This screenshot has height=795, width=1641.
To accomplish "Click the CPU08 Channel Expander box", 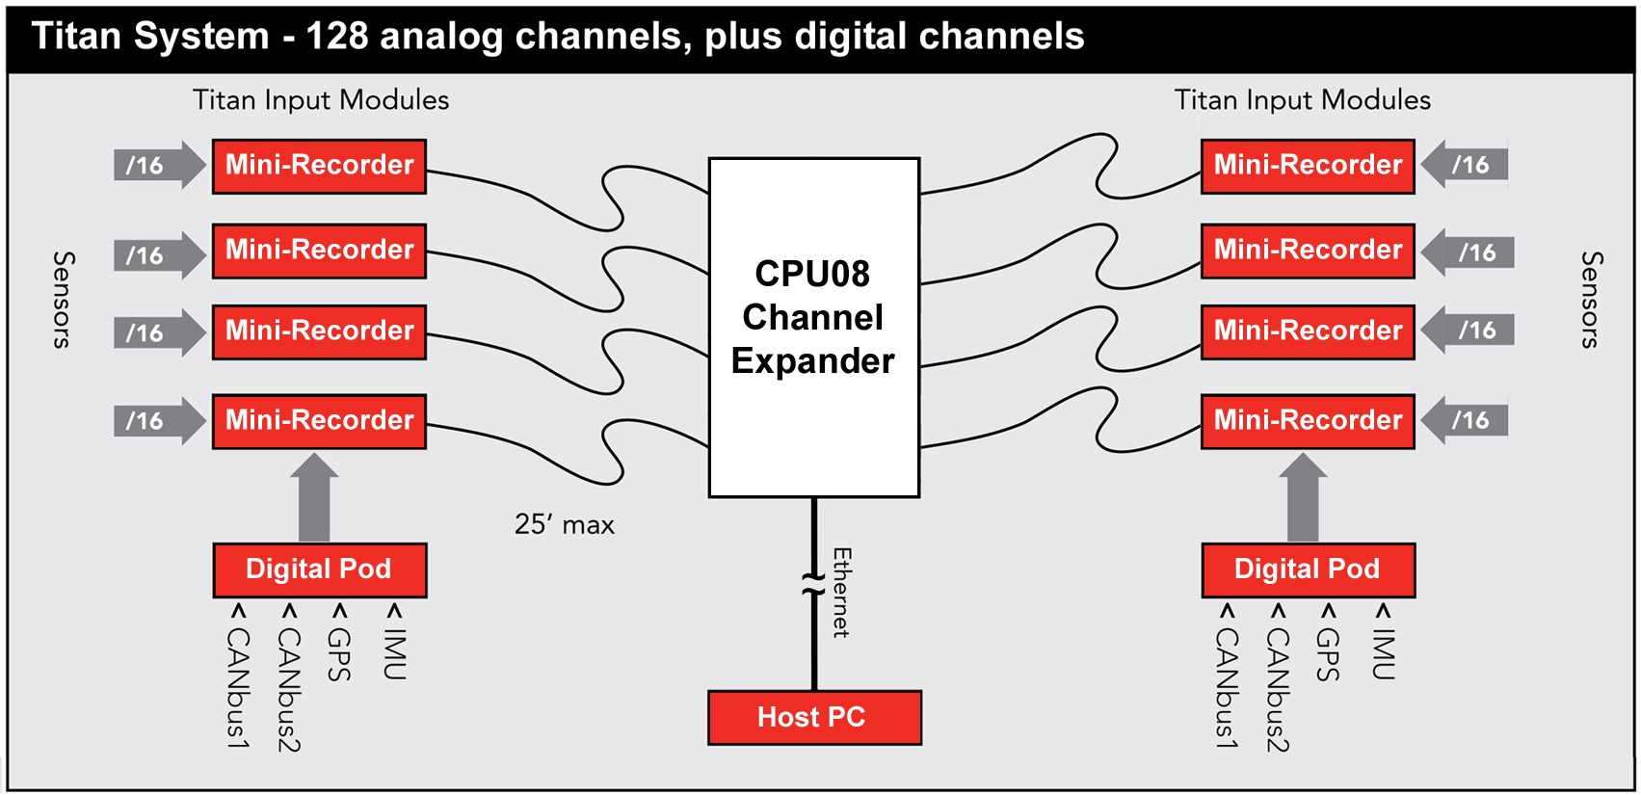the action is [x=814, y=328].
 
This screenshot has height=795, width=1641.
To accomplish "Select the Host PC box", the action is [x=814, y=717].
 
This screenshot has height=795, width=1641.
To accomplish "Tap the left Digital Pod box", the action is [x=319, y=570].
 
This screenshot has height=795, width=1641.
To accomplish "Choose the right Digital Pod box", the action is [x=1308, y=570].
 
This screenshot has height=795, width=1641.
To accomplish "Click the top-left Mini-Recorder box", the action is [x=319, y=167].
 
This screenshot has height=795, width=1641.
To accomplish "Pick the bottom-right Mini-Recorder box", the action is [x=1308, y=421].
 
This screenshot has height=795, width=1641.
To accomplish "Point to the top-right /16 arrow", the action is [x=1465, y=164].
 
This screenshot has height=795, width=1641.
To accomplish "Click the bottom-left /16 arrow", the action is [x=160, y=420].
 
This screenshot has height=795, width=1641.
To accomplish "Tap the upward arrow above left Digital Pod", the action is [x=314, y=498].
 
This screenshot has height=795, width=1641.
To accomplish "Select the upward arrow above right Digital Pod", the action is [x=1303, y=498].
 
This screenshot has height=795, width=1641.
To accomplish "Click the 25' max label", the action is [x=564, y=524].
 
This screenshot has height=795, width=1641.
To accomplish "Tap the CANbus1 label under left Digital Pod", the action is [x=238, y=687].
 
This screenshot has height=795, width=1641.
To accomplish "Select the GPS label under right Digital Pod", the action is [x=1328, y=653].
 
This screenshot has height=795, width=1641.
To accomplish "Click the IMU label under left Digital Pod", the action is [x=394, y=653].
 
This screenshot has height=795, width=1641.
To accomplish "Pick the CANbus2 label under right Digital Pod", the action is [x=1277, y=690].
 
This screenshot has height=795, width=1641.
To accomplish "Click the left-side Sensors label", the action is [x=64, y=300].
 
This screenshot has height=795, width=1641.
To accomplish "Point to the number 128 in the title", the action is [x=337, y=36].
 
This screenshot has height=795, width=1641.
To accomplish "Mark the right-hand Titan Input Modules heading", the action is [x=1303, y=99].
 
